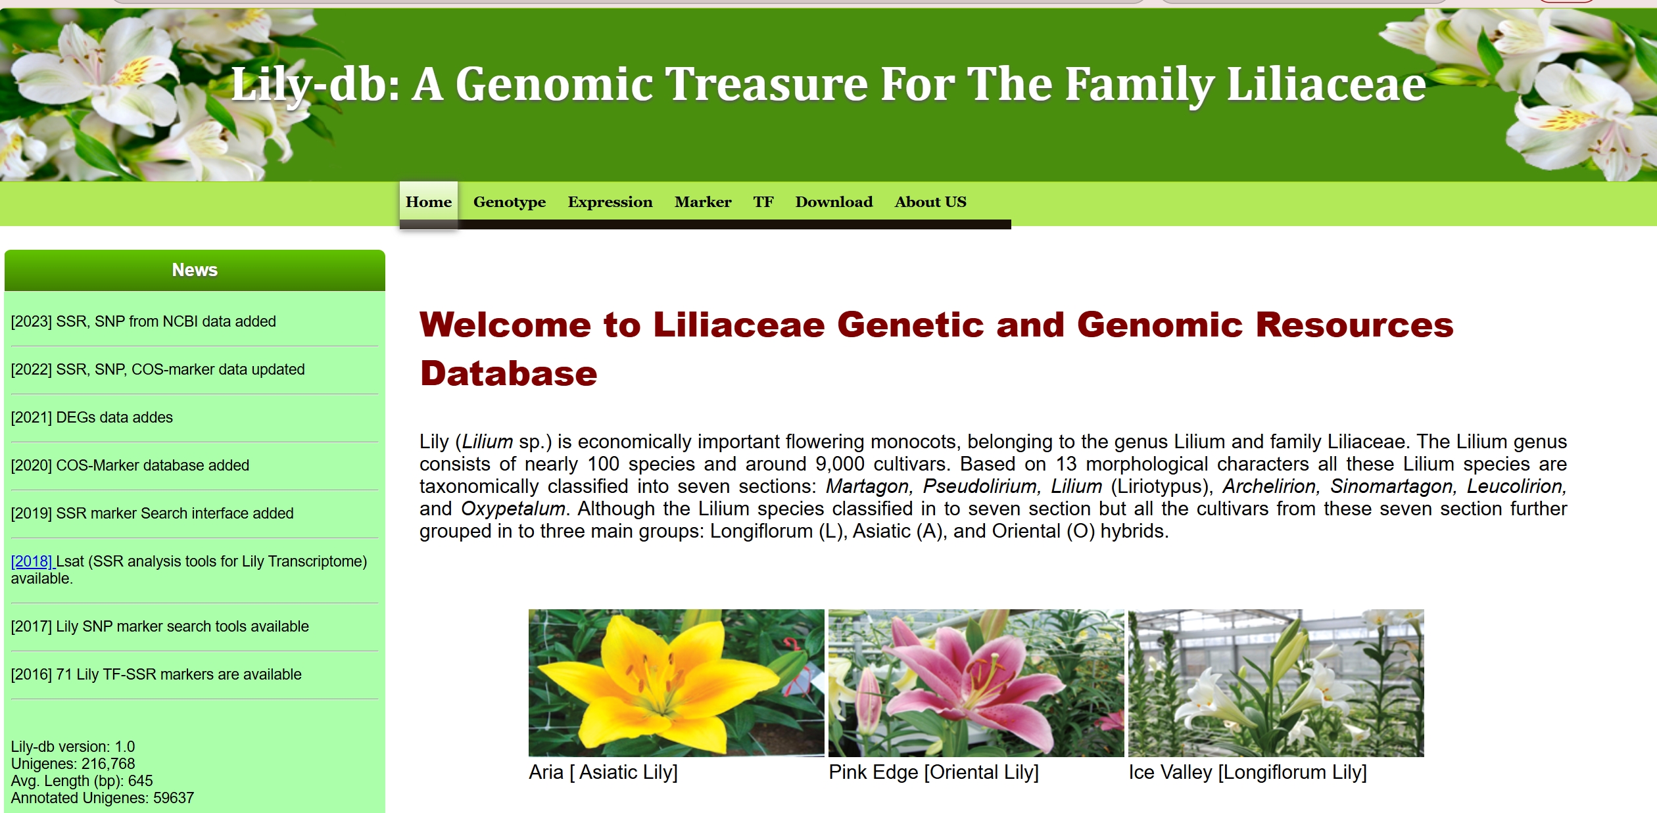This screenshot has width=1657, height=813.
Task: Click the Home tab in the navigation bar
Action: click(x=429, y=202)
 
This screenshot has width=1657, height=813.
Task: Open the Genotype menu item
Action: click(x=510, y=202)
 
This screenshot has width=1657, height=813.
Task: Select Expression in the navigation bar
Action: click(x=610, y=202)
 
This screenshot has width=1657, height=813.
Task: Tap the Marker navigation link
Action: click(x=703, y=202)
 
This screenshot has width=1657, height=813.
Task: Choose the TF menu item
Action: click(x=763, y=202)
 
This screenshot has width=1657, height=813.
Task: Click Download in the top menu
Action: click(x=834, y=202)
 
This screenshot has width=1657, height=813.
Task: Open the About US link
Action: click(x=930, y=202)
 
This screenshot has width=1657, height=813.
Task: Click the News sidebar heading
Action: click(x=195, y=270)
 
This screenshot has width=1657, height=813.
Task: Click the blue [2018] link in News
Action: click(x=32, y=561)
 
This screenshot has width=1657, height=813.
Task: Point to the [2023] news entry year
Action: click(x=32, y=321)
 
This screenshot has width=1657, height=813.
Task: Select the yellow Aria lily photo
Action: click(x=676, y=683)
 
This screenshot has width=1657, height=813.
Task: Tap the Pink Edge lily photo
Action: click(x=976, y=683)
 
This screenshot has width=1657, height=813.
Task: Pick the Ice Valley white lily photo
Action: click(x=1276, y=683)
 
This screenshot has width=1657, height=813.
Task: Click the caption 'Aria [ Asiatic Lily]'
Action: click(x=603, y=772)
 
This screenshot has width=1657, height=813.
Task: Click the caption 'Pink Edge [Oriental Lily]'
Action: click(x=934, y=772)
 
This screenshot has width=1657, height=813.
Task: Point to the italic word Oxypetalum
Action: click(x=513, y=509)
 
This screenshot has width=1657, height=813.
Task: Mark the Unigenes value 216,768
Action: click(x=108, y=764)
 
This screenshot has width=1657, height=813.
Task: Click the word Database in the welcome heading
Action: click(x=509, y=373)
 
